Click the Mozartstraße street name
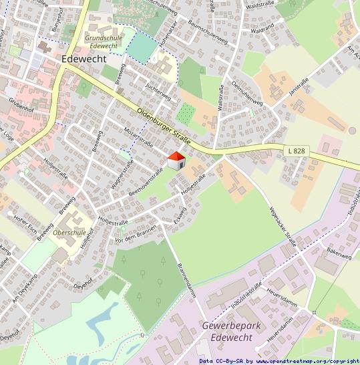139,136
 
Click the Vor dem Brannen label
135,233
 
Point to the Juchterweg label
158,92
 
